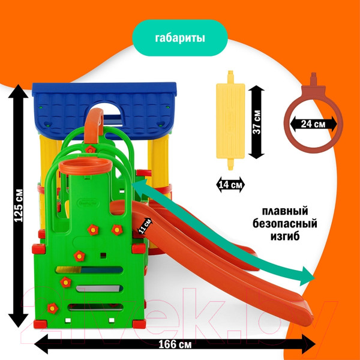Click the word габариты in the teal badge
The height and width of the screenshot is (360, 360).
tap(179, 39)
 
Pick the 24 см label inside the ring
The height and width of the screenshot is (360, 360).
tap(313, 124)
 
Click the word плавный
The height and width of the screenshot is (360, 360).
tap(285, 212)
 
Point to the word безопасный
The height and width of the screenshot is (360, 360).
tap(286, 224)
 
